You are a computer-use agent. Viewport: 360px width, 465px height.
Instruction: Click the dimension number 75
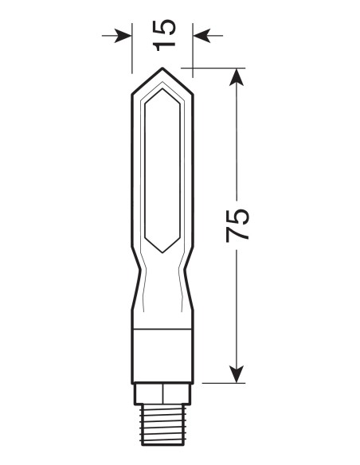pyautogui.click(x=237, y=225)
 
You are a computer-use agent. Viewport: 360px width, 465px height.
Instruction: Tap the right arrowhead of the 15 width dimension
pyautogui.click(x=201, y=35)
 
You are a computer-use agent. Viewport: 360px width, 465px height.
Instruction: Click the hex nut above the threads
pyautogui.click(x=162, y=393)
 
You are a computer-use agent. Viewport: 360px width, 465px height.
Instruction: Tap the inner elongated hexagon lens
pyautogui.click(x=162, y=171)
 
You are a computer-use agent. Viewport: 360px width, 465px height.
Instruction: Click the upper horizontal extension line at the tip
pyautogui.click(x=211, y=68)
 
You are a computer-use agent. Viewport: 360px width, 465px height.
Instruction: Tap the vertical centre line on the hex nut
pyautogui.click(x=162, y=393)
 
